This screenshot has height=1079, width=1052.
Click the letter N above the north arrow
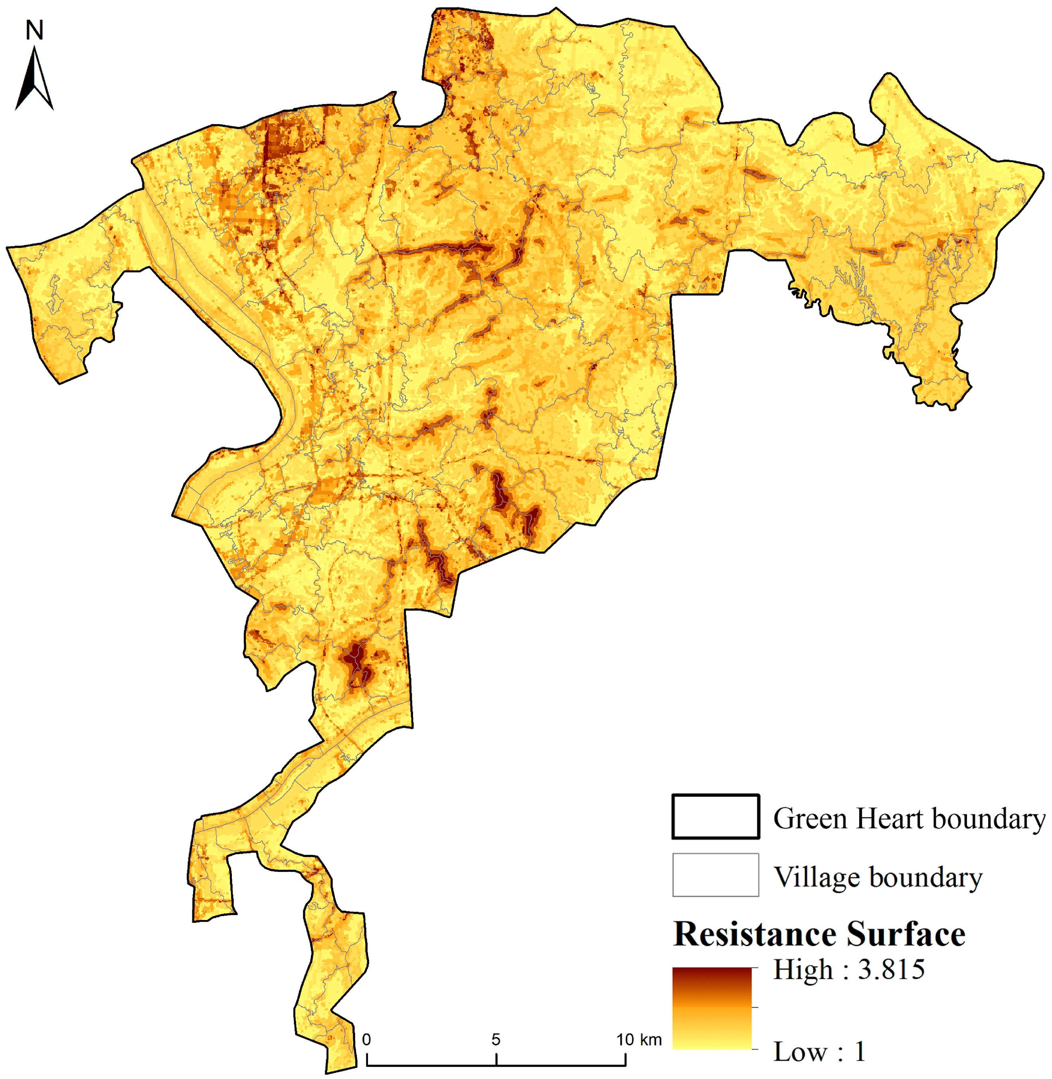(x=34, y=30)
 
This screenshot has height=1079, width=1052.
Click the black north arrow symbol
(x=34, y=80)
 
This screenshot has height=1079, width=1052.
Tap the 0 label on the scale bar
(x=366, y=1040)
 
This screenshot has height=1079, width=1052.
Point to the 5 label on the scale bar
(x=496, y=1040)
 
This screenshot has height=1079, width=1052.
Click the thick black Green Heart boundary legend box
(x=716, y=817)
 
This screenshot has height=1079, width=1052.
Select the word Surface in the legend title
(x=906, y=935)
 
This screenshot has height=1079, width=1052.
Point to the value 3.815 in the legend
(x=891, y=970)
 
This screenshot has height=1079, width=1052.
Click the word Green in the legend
(x=812, y=819)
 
